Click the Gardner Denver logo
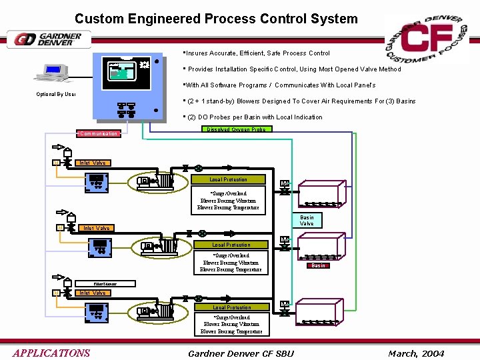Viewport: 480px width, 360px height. point(49,39)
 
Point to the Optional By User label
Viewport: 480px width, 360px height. point(56,94)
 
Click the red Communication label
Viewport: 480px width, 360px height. point(99,133)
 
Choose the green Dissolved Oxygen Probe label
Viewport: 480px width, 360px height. point(236,129)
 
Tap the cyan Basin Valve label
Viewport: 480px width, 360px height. point(307,220)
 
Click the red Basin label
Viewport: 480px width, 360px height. point(319,265)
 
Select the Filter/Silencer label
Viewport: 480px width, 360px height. point(95,284)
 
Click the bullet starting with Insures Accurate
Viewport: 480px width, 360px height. point(257,53)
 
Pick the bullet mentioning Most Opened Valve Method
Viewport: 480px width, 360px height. point(294,69)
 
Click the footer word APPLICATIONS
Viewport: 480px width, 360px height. point(51,353)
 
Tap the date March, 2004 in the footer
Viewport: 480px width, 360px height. point(415,353)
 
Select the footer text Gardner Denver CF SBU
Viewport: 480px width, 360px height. point(241,353)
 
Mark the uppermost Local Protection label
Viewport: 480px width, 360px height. point(228,179)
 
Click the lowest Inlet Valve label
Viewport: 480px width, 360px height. point(93,293)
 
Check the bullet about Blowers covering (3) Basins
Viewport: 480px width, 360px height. point(301,101)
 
